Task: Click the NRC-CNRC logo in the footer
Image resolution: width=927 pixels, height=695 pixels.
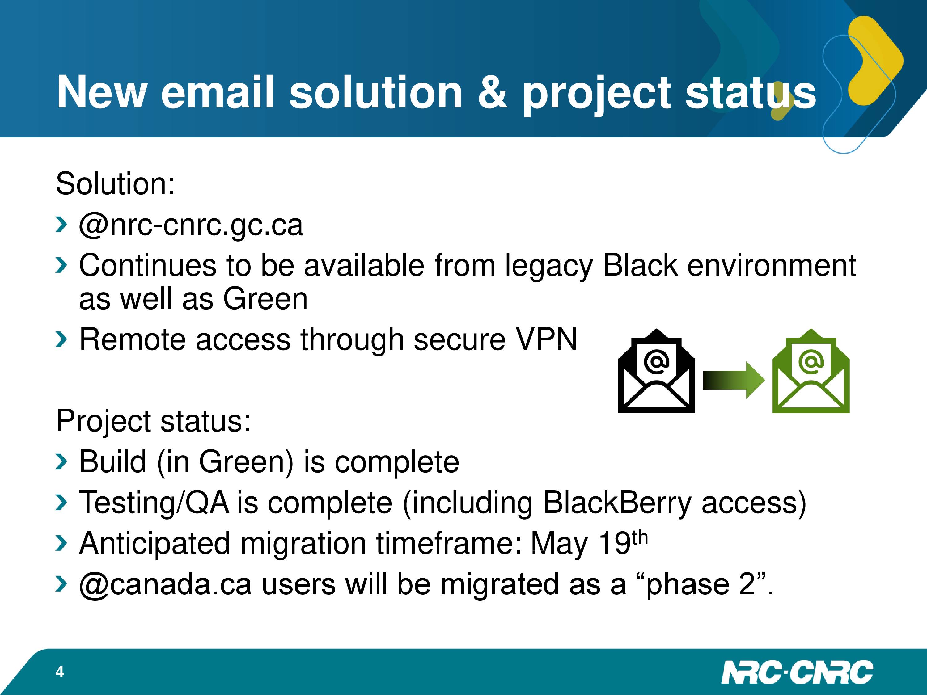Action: click(797, 672)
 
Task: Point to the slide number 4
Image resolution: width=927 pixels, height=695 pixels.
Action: click(60, 672)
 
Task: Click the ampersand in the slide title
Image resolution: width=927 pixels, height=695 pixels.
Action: click(493, 92)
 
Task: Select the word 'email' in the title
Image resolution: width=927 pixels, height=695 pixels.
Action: click(218, 92)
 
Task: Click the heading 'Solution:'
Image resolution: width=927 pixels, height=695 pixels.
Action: click(115, 183)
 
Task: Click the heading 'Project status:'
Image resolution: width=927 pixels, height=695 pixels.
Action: click(153, 421)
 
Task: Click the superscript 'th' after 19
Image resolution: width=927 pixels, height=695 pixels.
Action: click(640, 538)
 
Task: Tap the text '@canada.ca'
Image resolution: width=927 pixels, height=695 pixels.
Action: click(165, 584)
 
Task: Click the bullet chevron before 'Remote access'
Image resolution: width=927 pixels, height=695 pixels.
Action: click(61, 339)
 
